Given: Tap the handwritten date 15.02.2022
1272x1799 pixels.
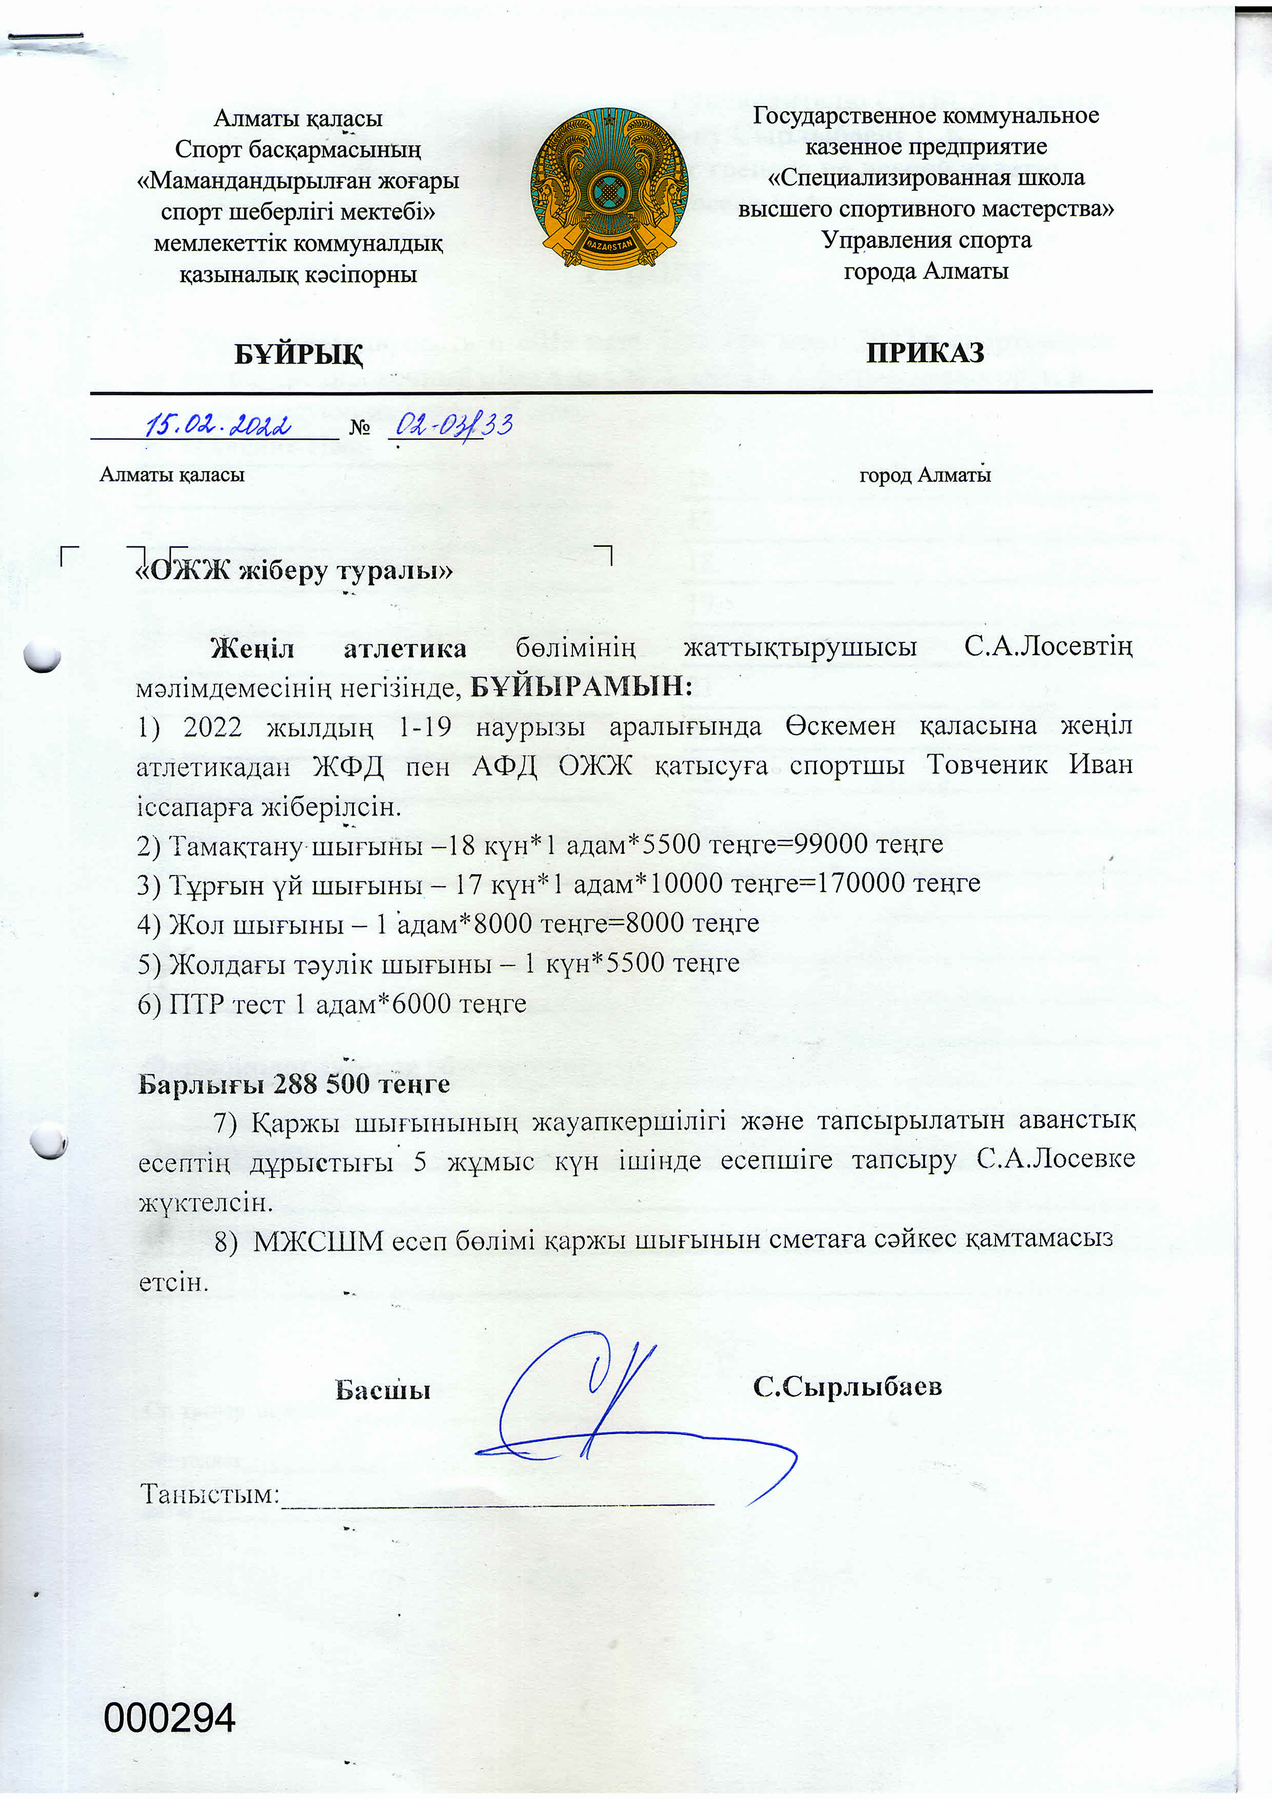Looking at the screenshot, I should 218,425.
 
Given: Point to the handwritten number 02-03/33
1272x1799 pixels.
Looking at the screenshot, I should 453,425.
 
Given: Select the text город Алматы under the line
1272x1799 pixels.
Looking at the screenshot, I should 924,475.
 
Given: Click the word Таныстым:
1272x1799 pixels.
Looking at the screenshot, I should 210,1495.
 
